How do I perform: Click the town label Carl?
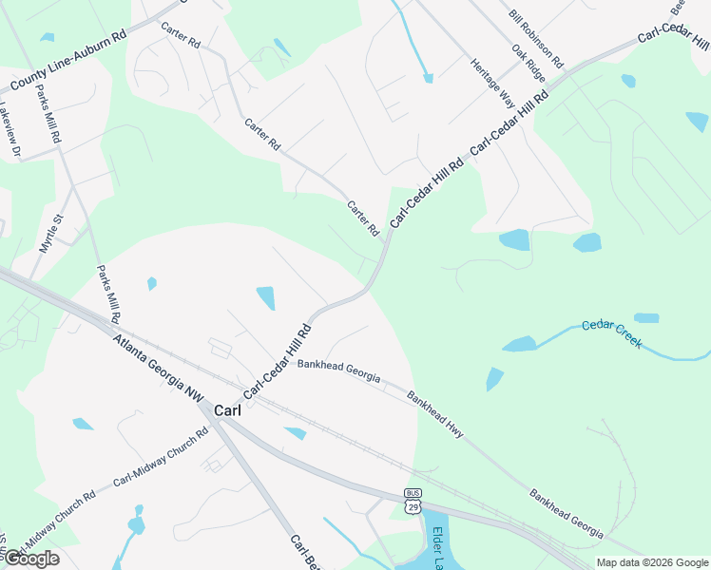pos(227,410)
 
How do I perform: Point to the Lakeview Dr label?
pos(9,129)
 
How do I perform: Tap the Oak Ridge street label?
pos(529,63)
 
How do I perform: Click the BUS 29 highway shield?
pos(413,501)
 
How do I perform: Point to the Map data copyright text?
pos(650,562)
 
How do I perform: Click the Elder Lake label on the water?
pos(439,549)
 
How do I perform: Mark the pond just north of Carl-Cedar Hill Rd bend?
pos(266,298)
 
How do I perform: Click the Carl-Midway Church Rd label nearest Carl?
pos(160,458)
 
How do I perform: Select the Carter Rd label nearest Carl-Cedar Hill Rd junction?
pos(363,218)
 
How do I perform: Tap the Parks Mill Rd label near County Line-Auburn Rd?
pos(48,114)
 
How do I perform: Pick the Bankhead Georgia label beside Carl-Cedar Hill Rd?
pos(338,370)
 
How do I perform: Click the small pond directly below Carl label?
pos(296,433)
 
